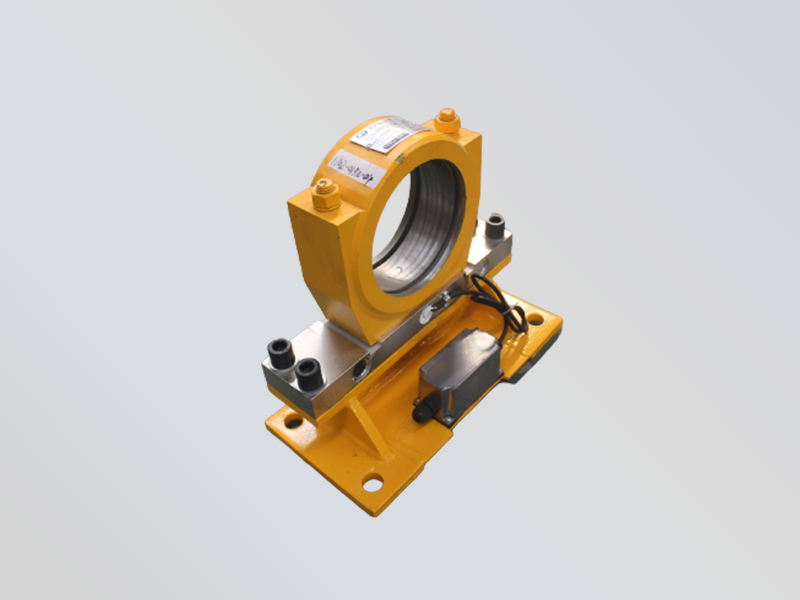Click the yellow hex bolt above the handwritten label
coord(326,194)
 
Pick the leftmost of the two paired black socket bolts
coord(277,351)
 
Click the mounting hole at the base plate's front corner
coord(372,484)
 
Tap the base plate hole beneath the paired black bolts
coord(292,422)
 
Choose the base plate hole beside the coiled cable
coord(535,319)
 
